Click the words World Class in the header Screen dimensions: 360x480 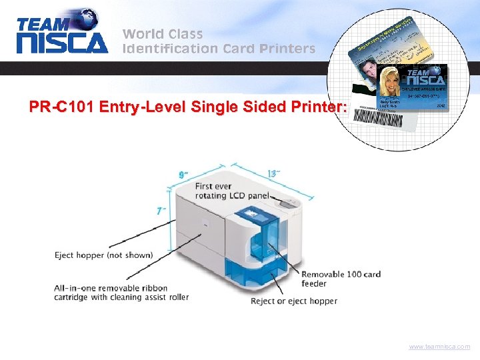coord(163,33)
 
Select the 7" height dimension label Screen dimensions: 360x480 coord(161,211)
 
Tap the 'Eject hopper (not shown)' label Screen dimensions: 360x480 coord(103,255)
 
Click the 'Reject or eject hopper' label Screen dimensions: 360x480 coord(294,301)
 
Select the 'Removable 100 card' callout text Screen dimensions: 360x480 coord(341,274)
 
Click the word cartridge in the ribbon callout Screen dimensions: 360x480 coord(71,297)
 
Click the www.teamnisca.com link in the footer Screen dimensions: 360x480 coord(440,347)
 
